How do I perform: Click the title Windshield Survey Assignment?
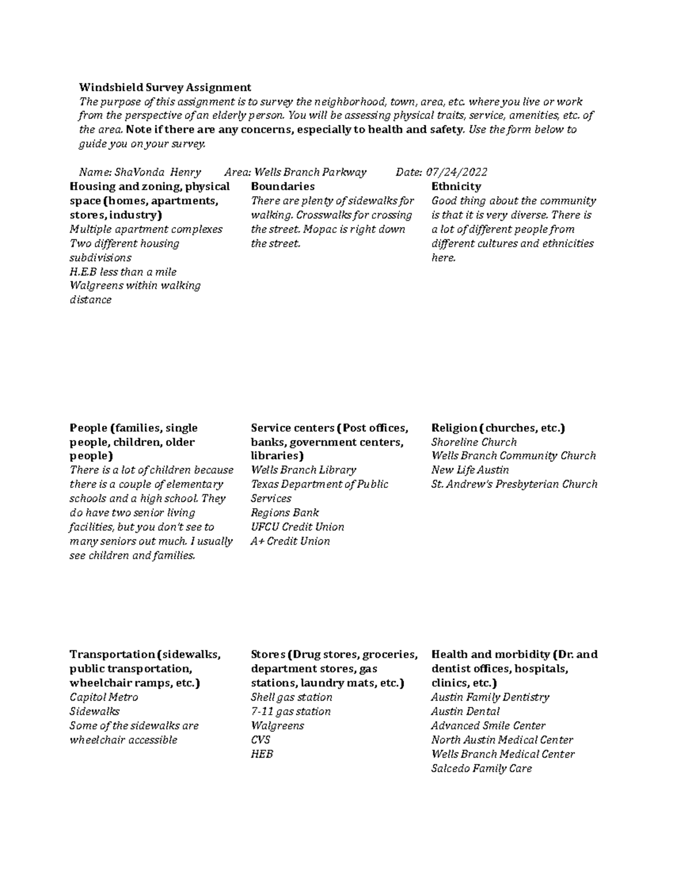165,87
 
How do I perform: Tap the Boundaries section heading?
283,186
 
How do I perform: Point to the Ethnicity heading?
456,186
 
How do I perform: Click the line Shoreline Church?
473,442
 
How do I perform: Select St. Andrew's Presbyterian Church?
514,484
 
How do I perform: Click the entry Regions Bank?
285,513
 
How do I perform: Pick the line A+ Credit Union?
290,541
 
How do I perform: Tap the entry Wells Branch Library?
303,470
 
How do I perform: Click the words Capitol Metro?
104,697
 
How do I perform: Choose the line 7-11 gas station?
291,711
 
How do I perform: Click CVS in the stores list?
260,740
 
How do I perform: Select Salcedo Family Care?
481,768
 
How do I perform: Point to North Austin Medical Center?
502,740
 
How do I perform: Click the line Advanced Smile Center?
488,726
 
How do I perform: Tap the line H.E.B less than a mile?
123,272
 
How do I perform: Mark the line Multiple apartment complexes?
146,229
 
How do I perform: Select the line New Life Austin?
470,470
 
